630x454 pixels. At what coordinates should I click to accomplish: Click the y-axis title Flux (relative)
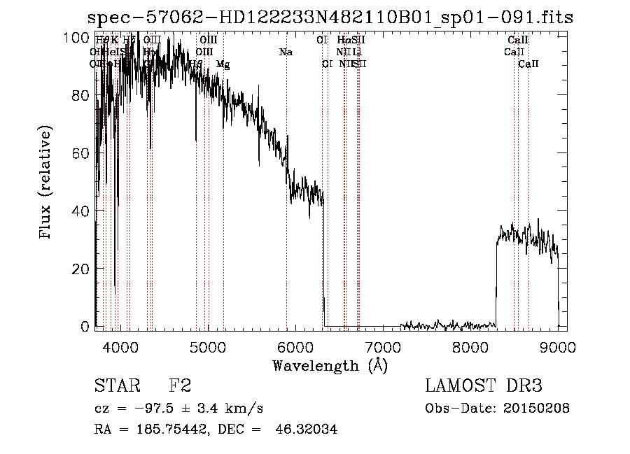(x=46, y=183)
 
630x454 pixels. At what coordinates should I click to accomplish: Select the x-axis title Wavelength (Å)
(x=330, y=365)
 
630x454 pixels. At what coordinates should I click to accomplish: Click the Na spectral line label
(x=286, y=52)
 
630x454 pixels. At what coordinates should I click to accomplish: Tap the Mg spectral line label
(x=223, y=64)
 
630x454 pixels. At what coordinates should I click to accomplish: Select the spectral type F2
(x=180, y=386)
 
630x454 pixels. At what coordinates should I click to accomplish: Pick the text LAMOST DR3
(x=484, y=386)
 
